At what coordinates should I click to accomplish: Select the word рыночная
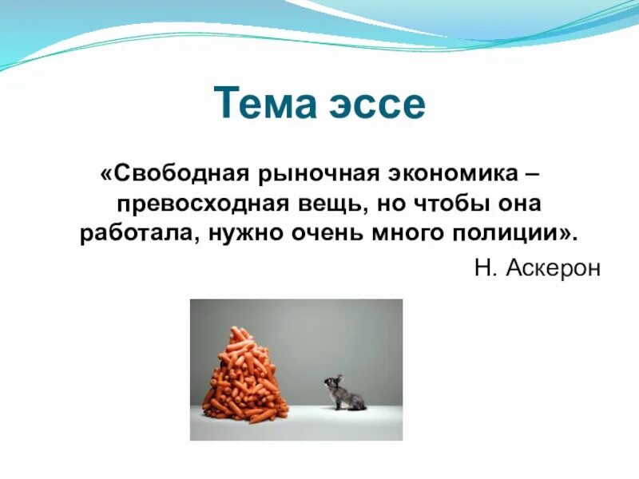tap(299, 173)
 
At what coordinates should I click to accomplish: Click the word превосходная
tap(196, 204)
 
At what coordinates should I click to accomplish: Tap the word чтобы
tap(445, 204)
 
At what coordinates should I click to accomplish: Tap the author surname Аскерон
tap(552, 268)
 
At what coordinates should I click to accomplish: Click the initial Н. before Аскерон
tap(486, 268)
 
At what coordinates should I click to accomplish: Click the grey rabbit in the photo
tap(347, 395)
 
